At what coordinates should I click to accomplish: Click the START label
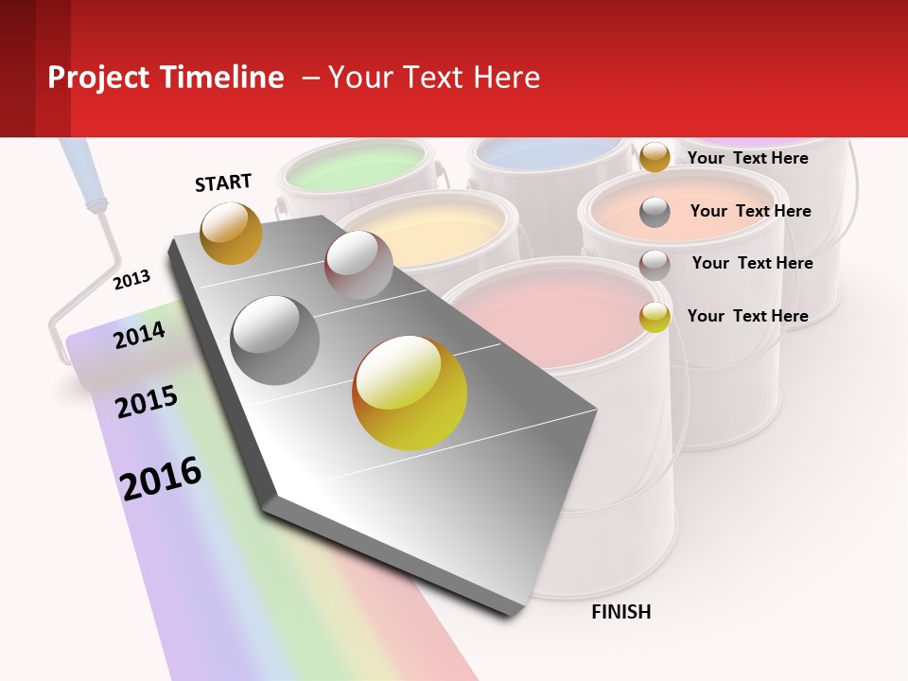pos(223,182)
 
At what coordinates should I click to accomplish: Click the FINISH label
pos(620,612)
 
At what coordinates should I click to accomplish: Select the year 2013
pos(131,279)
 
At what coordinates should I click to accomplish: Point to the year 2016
pos(161,479)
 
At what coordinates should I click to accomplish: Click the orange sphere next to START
pos(231,233)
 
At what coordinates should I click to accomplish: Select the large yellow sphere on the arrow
pos(410,393)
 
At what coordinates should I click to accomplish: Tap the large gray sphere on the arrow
pos(274,340)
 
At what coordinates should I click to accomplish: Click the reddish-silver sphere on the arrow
pos(358,265)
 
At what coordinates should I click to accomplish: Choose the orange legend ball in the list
pos(655,157)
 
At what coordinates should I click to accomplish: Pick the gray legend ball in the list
pos(655,212)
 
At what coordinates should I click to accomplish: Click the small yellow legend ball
pos(655,317)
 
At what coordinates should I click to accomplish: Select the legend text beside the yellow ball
pos(747,316)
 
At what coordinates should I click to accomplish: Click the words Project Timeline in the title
pos(166,78)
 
